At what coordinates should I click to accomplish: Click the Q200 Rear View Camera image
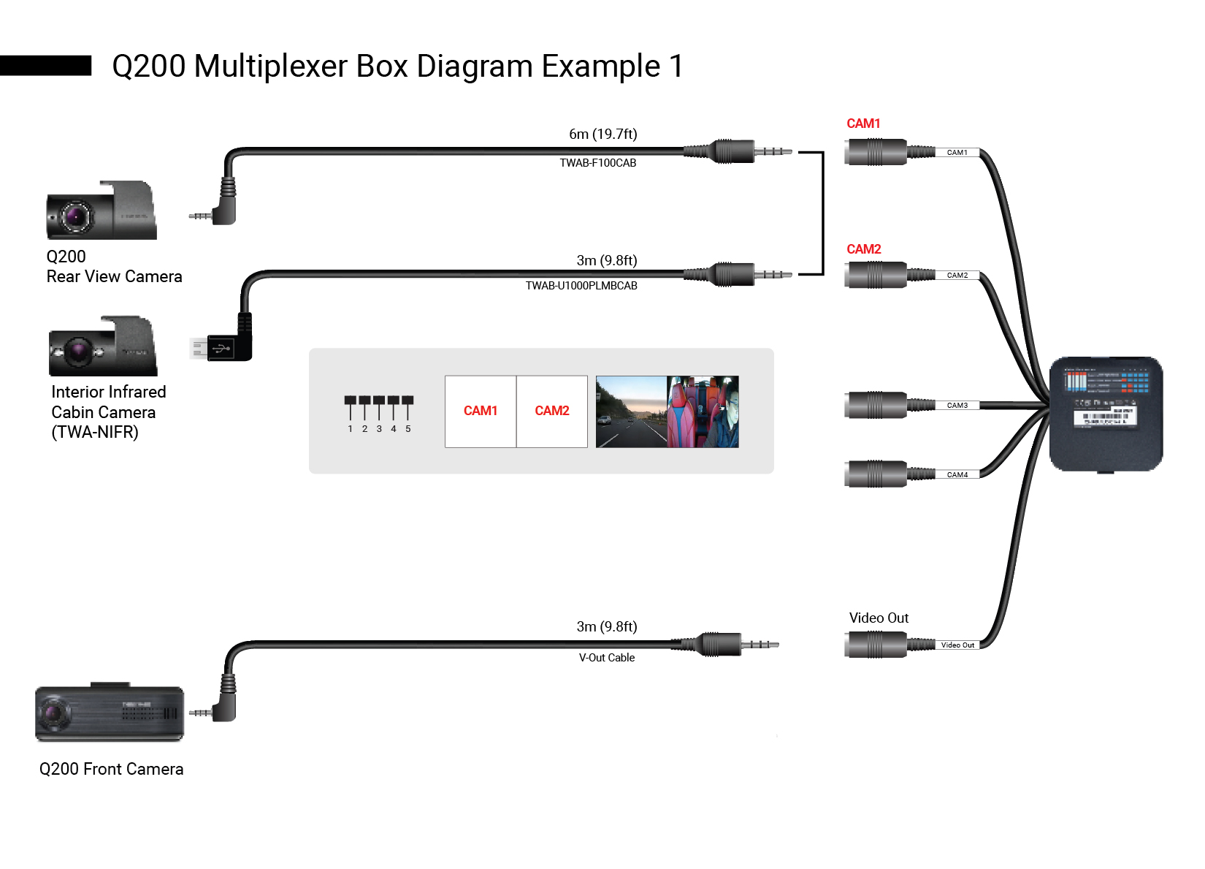(102, 211)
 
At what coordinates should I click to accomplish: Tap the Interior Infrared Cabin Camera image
(103, 347)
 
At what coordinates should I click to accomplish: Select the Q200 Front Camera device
(110, 713)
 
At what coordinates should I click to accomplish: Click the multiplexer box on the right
(1106, 414)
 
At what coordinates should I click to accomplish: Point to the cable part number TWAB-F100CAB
(597, 163)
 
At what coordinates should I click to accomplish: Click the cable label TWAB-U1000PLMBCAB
(581, 286)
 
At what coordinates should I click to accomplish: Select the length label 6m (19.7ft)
(602, 134)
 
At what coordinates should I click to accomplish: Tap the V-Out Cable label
(606, 658)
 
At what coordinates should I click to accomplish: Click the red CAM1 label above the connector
(863, 124)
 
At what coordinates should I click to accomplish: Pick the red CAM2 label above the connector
(863, 249)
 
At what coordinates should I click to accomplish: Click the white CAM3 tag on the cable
(957, 406)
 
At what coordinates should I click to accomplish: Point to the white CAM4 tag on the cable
(957, 475)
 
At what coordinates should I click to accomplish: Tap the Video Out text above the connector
(879, 618)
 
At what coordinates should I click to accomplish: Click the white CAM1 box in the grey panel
(481, 411)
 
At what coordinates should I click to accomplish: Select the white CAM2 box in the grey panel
(552, 411)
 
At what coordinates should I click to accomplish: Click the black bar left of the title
(45, 66)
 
